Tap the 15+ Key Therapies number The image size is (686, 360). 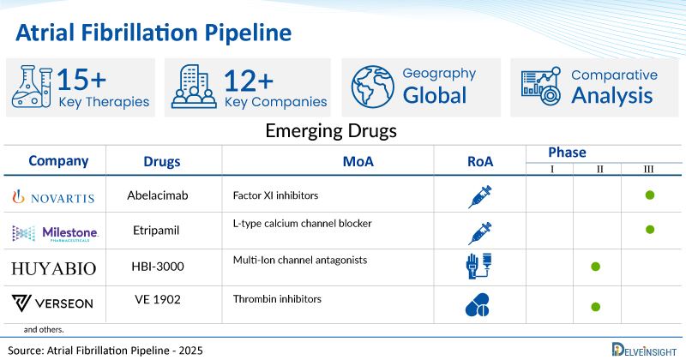tap(82, 80)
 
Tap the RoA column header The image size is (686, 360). tap(480, 161)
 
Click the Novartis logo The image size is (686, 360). tap(54, 196)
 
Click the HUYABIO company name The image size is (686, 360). tap(54, 268)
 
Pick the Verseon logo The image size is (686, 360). tap(54, 304)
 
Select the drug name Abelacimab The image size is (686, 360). tap(158, 196)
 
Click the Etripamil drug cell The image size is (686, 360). tap(158, 232)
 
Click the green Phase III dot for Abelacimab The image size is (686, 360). tap(649, 195)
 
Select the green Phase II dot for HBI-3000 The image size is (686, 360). tap(595, 267)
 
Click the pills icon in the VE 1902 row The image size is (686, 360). tap(478, 304)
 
